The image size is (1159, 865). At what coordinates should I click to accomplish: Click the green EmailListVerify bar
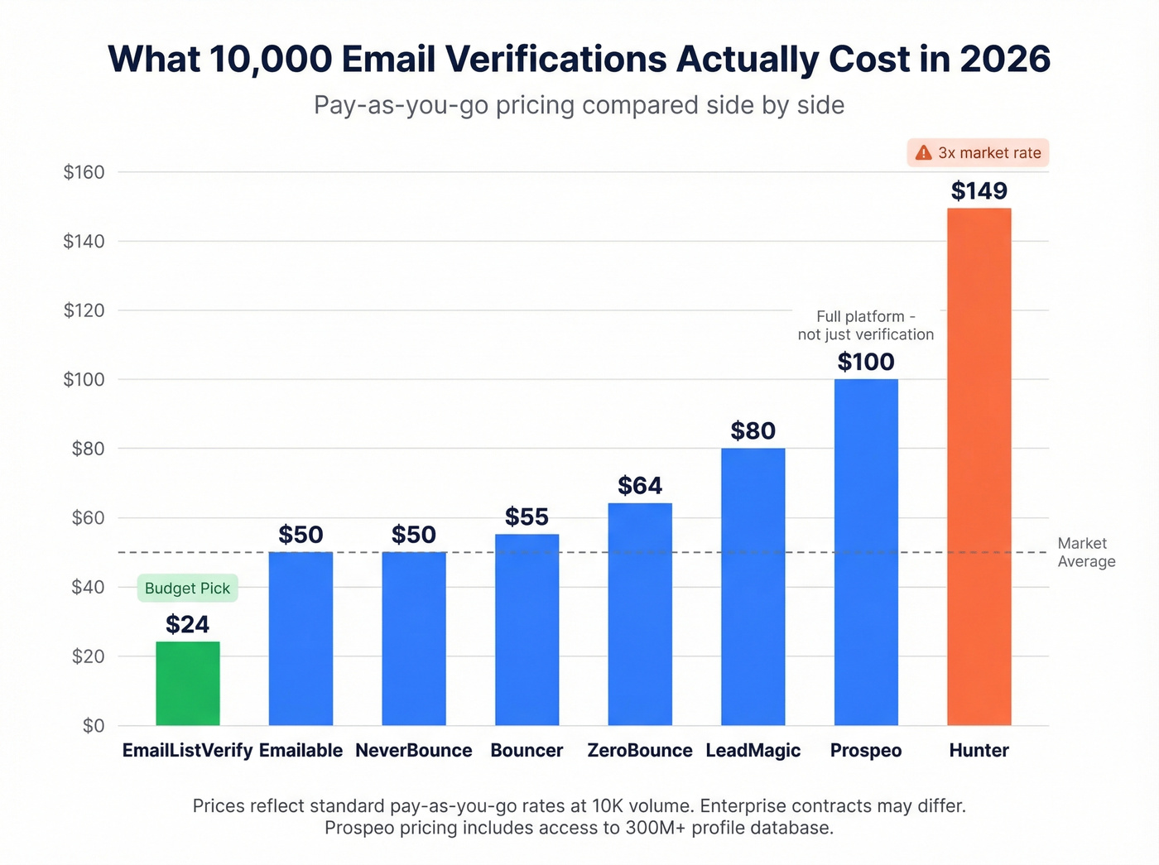[x=188, y=683]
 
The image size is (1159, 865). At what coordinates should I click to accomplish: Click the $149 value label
[x=979, y=191]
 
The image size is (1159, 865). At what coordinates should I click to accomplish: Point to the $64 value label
[x=640, y=486]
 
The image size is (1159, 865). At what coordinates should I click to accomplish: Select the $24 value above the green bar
[x=188, y=624]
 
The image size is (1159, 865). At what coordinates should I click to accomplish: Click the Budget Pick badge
[x=188, y=589]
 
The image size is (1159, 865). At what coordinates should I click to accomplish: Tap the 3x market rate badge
[x=979, y=153]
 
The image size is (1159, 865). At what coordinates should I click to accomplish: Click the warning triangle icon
[x=923, y=153]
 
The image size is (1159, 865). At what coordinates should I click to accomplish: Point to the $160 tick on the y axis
[x=84, y=172]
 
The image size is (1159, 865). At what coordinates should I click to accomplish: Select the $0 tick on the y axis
[x=94, y=726]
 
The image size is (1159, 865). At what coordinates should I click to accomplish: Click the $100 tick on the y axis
[x=84, y=380]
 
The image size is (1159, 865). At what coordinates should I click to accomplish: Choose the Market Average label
[x=1086, y=552]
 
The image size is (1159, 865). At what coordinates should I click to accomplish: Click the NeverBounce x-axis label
[x=414, y=751]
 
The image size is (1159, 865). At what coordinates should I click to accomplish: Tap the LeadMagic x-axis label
[x=753, y=751]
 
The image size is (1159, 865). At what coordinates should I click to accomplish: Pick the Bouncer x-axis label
[x=527, y=751]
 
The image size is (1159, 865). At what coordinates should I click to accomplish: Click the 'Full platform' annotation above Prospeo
[x=866, y=325]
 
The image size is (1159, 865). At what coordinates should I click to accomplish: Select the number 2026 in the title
[x=1005, y=60]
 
